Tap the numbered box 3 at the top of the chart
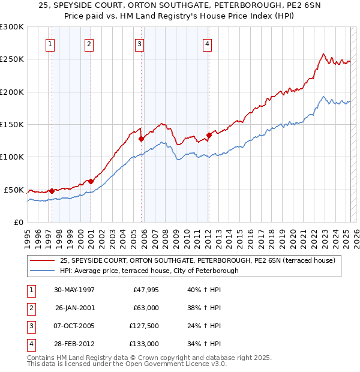pyautogui.click(x=139, y=43)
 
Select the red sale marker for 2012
pyautogui.click(x=209, y=135)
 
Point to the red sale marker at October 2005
pyautogui.click(x=141, y=139)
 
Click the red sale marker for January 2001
pyautogui.click(x=91, y=181)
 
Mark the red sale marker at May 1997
pyautogui.click(x=52, y=191)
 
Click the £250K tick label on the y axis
pyautogui.click(x=12, y=59)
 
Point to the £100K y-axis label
pyautogui.click(x=12, y=157)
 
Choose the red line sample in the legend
pyautogui.click(x=43, y=260)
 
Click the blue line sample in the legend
pyautogui.click(x=43, y=271)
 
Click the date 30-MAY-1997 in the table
pyautogui.click(x=74, y=290)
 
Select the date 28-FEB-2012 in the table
pyautogui.click(x=74, y=344)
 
